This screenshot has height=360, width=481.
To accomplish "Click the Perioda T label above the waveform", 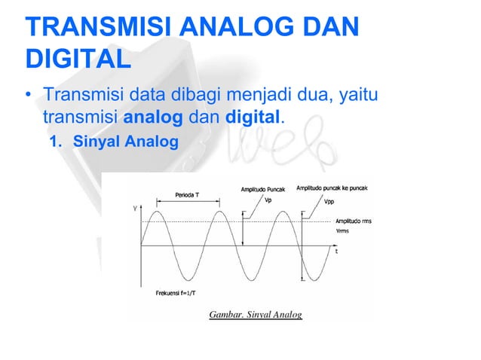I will pos(188,194).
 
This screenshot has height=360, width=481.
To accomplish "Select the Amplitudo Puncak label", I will pos(264,188).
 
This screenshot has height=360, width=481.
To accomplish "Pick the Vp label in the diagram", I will pos(268,200).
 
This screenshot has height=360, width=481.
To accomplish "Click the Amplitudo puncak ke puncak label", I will pos(332,188).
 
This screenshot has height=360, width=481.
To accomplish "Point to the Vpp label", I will pos(329,202).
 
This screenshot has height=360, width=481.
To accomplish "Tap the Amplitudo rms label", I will pos(357,222).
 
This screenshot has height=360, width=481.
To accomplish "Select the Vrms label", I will pos(343,232).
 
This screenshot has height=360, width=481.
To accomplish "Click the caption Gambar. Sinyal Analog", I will pos(256,314).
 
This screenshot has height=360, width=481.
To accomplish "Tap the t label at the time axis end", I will pos(336,252).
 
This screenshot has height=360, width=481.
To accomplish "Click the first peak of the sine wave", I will pos(156,212).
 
